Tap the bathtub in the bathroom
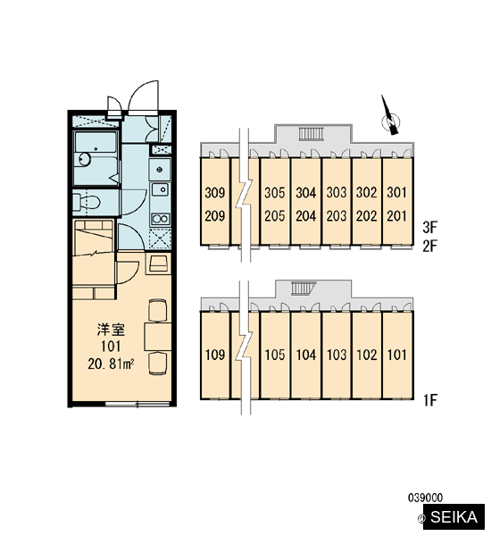click(x=96, y=143)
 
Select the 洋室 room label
click(x=111, y=330)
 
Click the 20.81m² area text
click(x=111, y=364)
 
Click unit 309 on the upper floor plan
click(x=215, y=193)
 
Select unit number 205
click(x=274, y=216)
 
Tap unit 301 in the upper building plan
click(x=397, y=193)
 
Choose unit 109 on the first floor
click(x=215, y=355)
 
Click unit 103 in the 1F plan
click(x=337, y=355)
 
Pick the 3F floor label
click(x=429, y=227)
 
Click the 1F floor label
click(x=430, y=400)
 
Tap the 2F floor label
click(x=429, y=246)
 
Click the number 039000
click(x=426, y=498)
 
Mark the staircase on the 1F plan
click(x=304, y=289)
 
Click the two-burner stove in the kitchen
click(x=160, y=219)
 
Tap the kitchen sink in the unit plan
click(x=160, y=189)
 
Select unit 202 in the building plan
click(x=367, y=216)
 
